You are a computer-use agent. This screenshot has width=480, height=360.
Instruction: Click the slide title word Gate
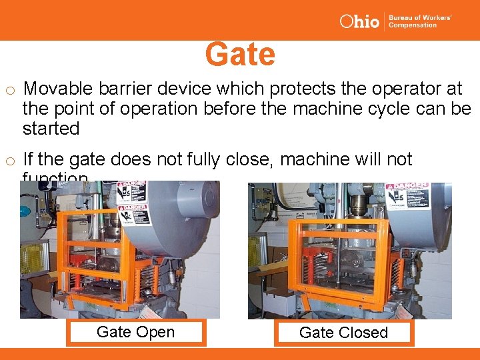[240, 55]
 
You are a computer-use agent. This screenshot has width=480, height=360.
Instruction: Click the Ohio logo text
[359, 21]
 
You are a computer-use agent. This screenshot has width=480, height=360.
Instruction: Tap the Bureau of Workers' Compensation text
[420, 21]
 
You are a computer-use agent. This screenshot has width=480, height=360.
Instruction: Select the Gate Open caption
[135, 332]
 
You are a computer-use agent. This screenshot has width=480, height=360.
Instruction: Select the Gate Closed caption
[343, 333]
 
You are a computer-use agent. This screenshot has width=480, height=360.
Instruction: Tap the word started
[51, 128]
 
